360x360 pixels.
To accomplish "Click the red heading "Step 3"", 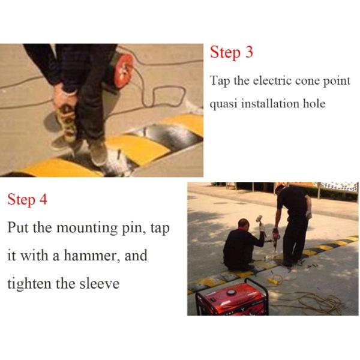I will [232, 53].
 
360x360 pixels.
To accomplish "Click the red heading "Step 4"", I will [27, 200].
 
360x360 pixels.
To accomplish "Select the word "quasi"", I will [224, 104].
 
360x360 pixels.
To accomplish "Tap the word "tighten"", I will [29, 283].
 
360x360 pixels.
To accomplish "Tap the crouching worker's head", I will [242, 224].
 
